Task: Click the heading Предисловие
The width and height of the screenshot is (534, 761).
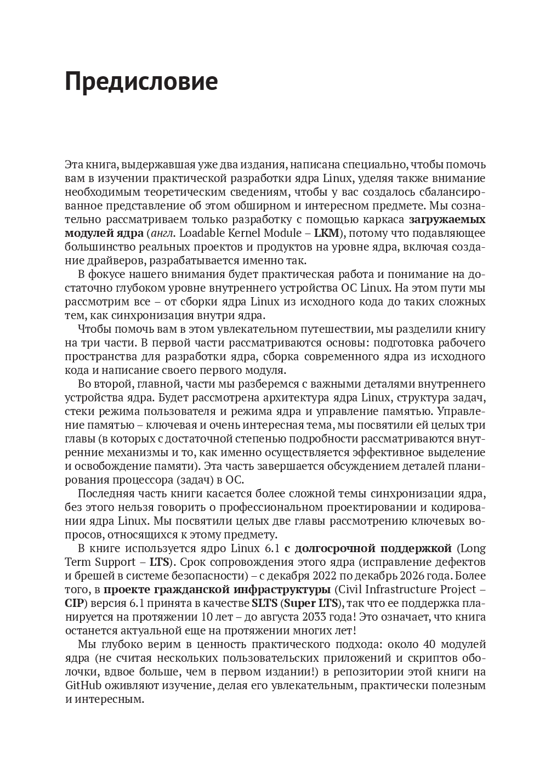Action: tap(141, 82)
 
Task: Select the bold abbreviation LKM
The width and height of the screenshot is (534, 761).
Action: tap(326, 233)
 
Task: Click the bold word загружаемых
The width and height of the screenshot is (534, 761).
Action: tap(447, 219)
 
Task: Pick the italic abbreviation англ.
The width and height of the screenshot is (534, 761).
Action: tap(161, 233)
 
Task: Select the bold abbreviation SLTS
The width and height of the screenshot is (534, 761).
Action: tap(264, 604)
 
